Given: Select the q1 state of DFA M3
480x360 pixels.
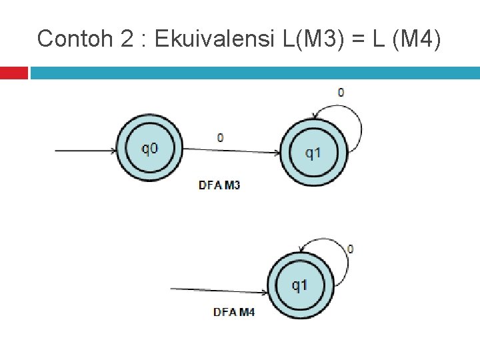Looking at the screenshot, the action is click(313, 152).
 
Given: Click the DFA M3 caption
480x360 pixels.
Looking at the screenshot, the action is click(219, 185).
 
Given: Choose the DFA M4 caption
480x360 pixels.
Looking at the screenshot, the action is click(233, 312).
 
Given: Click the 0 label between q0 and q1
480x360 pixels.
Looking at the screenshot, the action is click(221, 138).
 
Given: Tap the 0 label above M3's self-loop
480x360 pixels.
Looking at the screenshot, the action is click(341, 93).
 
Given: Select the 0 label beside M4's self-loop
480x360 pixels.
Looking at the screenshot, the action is click(350, 249).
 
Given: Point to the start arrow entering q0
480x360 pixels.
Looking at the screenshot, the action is click(85, 150).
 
